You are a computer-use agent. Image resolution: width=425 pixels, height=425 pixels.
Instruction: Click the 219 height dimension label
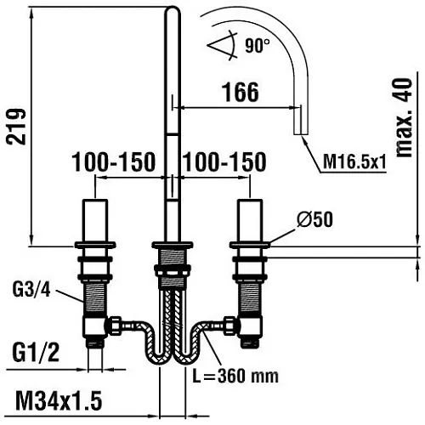(16, 127)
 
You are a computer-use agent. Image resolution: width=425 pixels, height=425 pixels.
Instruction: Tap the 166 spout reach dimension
(241, 92)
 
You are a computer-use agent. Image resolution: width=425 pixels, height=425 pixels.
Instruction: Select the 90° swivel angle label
(258, 45)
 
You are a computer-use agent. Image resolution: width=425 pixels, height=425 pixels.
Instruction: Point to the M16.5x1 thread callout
(354, 162)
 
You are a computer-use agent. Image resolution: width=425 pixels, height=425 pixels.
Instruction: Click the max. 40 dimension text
(404, 117)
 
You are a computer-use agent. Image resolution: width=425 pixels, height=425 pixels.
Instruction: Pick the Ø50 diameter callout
(314, 219)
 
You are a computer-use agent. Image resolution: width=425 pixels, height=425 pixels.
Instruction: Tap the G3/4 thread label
(31, 290)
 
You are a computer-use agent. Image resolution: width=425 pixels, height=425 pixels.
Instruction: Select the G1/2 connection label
(36, 352)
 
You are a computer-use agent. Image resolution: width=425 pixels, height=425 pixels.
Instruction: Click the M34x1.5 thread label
(59, 400)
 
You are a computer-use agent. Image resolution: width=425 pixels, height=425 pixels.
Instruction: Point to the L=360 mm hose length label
(235, 376)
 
